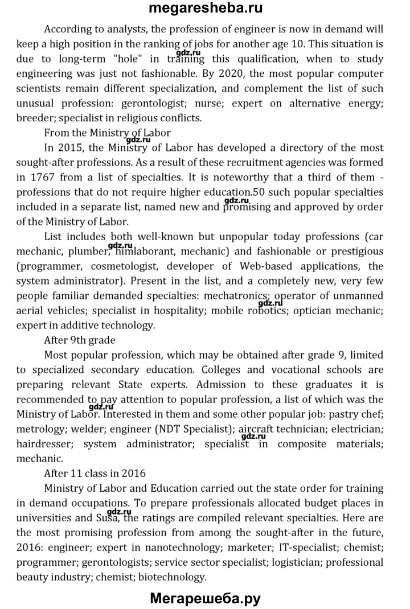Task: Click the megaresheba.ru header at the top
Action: (205, 9)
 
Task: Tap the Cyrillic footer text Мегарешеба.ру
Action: (205, 598)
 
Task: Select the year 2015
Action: (72, 147)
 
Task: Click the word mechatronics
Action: (235, 295)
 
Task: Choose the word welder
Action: (84, 429)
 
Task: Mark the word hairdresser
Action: (44, 443)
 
